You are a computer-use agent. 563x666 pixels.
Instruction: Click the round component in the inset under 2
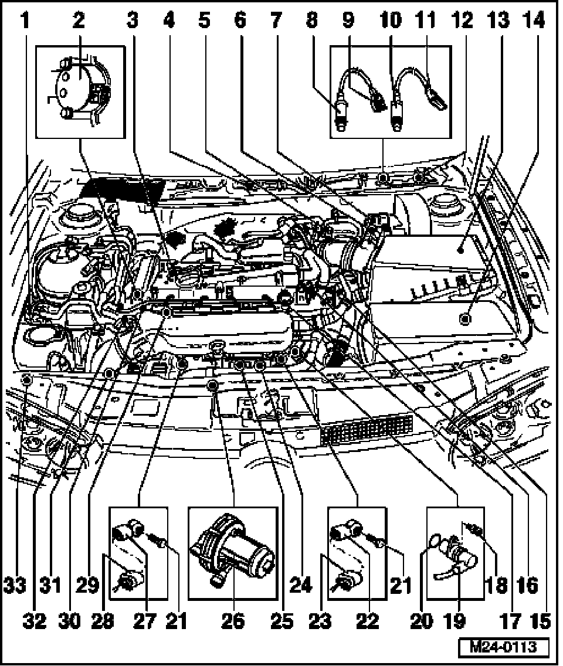[x=77, y=91]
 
